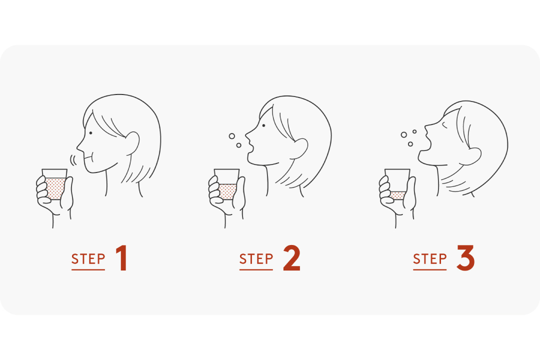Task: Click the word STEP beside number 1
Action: [88, 259]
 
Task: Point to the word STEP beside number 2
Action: [256, 259]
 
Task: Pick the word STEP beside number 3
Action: [430, 259]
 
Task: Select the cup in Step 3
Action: [397, 184]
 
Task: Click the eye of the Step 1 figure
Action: [90, 133]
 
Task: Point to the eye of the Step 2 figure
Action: [263, 125]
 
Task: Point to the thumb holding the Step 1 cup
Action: [67, 193]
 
